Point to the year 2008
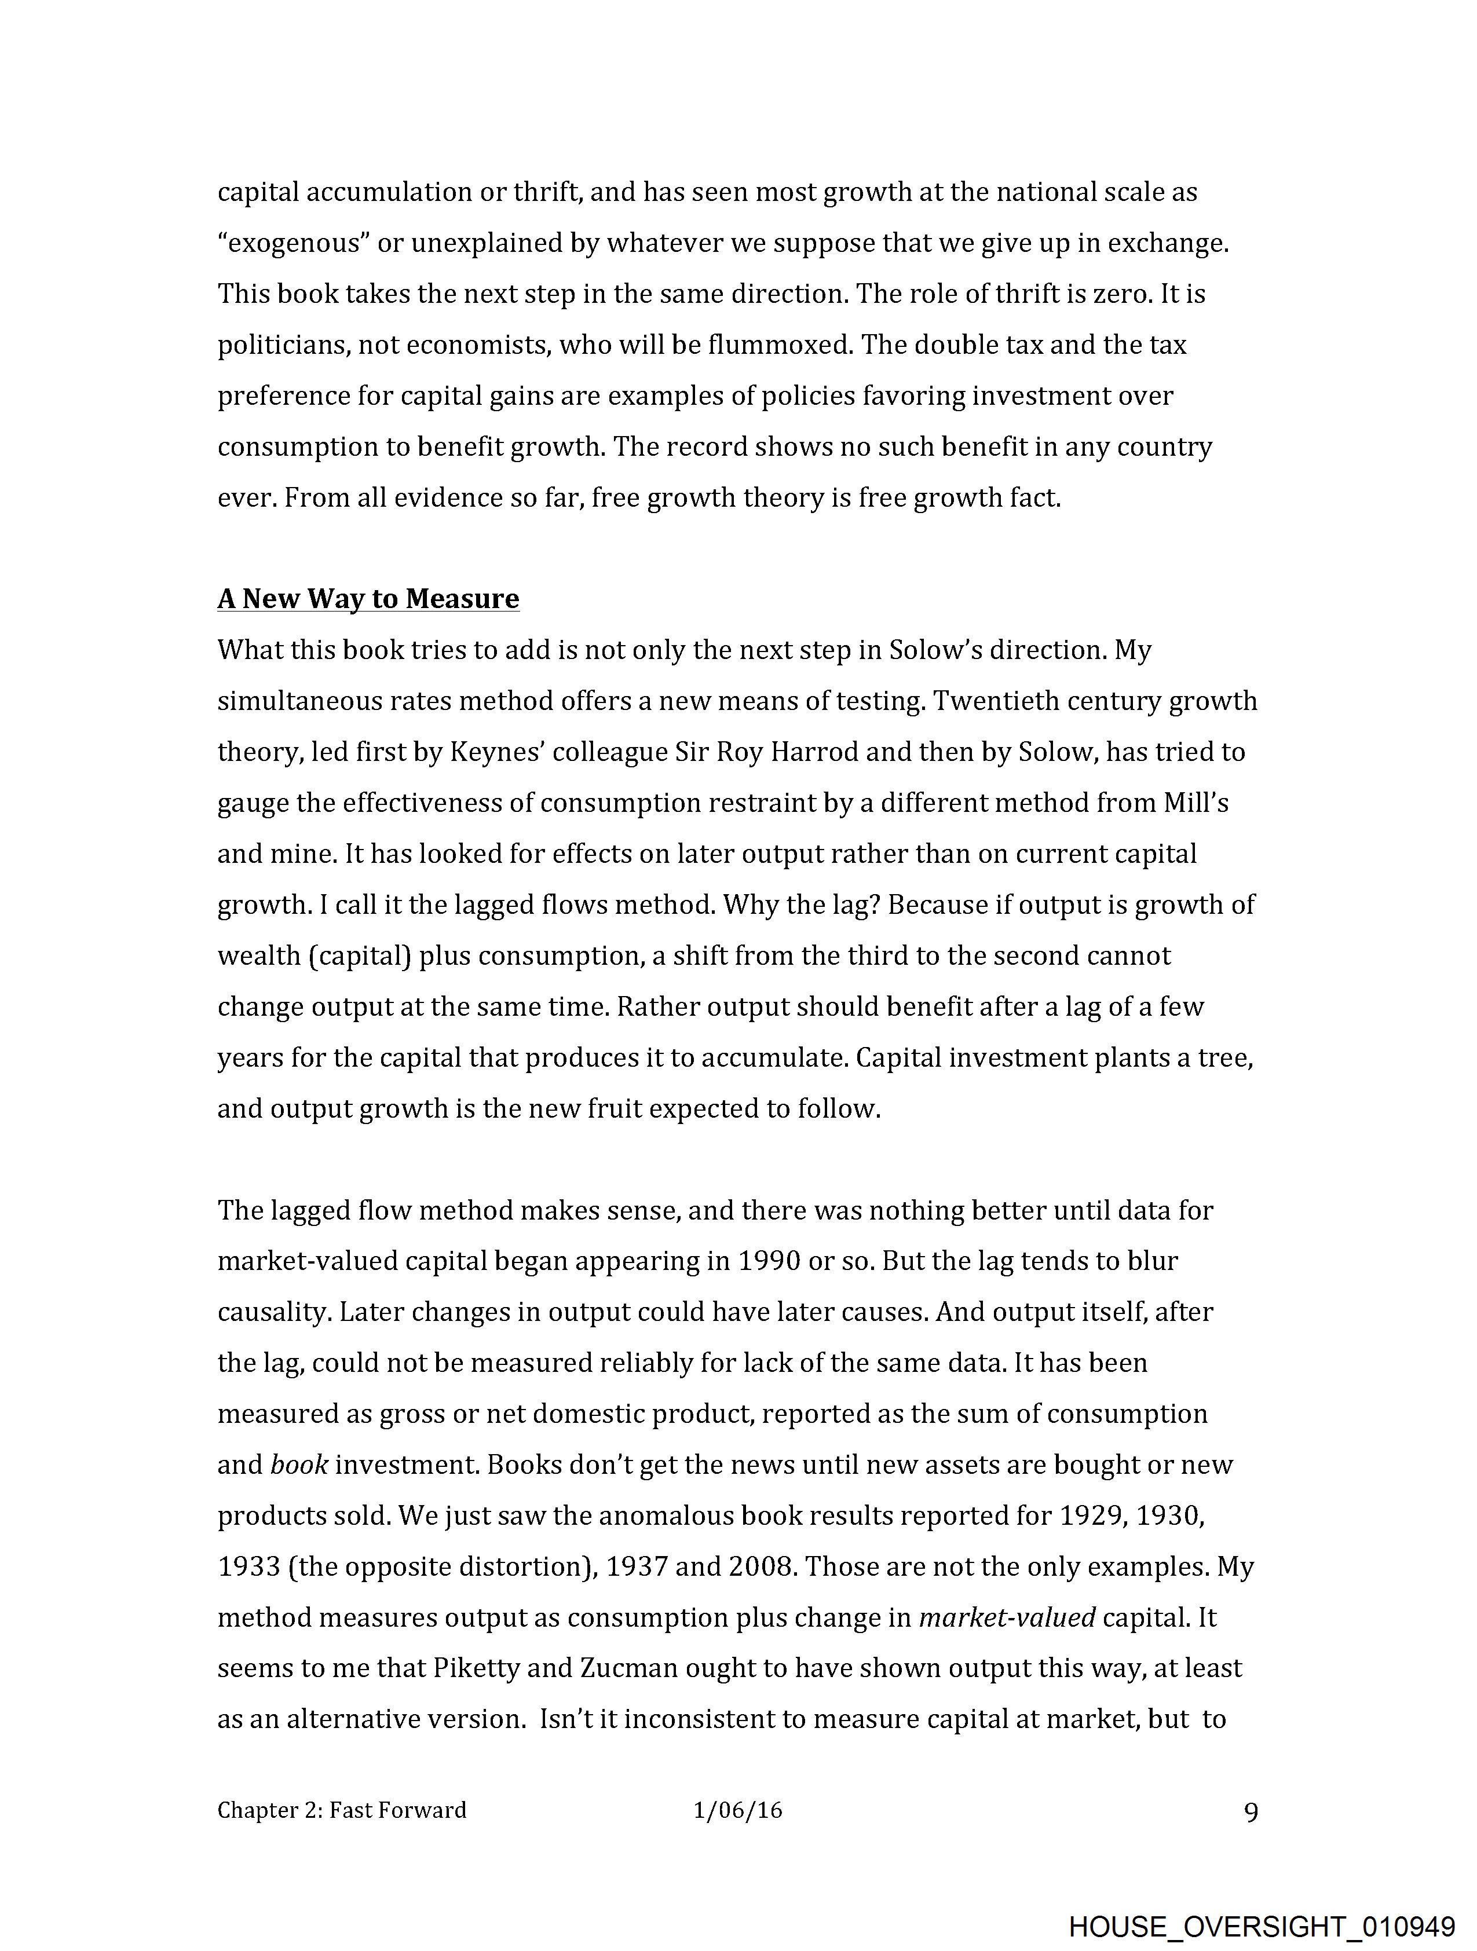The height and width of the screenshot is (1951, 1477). tap(762, 1567)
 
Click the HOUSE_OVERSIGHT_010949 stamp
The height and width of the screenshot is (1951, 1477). tap(1262, 1923)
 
